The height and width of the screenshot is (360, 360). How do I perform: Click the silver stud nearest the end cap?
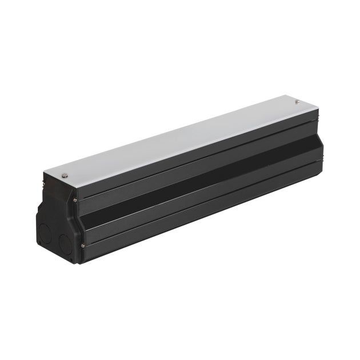click(65, 175)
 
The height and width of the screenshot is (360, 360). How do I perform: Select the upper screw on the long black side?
click(75, 201)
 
